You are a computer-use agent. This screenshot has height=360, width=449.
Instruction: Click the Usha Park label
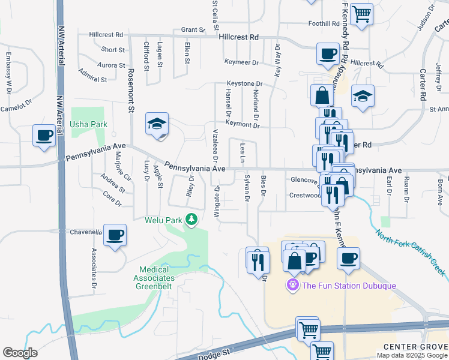92,124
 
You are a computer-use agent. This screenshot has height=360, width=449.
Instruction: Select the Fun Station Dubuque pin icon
293,284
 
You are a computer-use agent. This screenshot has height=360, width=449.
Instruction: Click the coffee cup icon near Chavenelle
115,234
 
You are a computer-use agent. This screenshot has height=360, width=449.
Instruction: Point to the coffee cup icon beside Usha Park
44,135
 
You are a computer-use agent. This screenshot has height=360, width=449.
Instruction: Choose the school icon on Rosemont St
157,124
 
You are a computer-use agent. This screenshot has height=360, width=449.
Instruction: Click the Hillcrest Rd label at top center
238,37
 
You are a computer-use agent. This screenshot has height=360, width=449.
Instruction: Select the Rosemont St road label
131,90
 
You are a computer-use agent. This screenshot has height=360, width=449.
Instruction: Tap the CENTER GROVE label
415,347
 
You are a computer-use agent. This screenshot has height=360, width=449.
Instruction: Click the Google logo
20,353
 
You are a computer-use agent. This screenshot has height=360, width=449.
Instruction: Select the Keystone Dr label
244,83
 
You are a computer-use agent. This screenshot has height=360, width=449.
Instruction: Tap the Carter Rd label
423,83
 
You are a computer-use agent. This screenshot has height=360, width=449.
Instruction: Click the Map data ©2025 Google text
412,355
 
